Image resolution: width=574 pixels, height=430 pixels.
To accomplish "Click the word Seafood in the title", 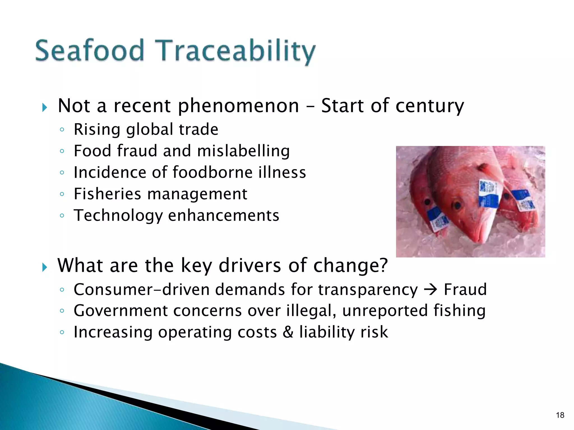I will pyautogui.click(x=90, y=51).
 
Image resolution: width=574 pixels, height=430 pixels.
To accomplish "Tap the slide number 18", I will pyautogui.click(x=560, y=415).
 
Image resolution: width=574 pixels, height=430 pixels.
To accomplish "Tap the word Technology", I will pyautogui.click(x=118, y=216).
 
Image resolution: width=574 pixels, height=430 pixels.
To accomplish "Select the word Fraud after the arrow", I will pyautogui.click(x=465, y=289).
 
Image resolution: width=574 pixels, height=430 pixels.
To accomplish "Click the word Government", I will pyautogui.click(x=121, y=311).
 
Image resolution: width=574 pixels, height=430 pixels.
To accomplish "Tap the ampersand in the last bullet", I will pyautogui.click(x=288, y=332).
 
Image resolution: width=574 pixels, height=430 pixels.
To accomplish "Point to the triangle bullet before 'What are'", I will pyautogui.click(x=45, y=267).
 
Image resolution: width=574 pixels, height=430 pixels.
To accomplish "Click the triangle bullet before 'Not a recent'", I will pyautogui.click(x=45, y=107).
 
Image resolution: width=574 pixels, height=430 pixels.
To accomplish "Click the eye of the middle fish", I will pyautogui.click(x=457, y=205).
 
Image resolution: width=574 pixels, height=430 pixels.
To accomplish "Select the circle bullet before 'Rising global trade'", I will pyautogui.click(x=62, y=130).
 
